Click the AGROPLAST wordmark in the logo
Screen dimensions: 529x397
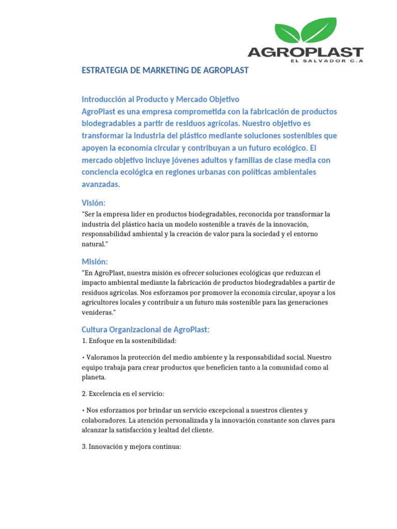[306, 52]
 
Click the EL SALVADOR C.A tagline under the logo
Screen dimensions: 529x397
[327, 61]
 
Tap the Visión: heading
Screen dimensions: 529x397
[93, 203]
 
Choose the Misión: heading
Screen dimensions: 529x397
[95, 261]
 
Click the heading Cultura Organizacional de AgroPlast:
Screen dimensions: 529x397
[145, 330]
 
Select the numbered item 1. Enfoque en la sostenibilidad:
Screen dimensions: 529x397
[129, 341]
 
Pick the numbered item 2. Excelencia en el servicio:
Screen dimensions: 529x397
[123, 394]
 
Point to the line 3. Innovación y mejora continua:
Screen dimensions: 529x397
[131, 446]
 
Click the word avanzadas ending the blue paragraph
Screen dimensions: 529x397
[100, 184]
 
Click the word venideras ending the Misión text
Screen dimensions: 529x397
[97, 312]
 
